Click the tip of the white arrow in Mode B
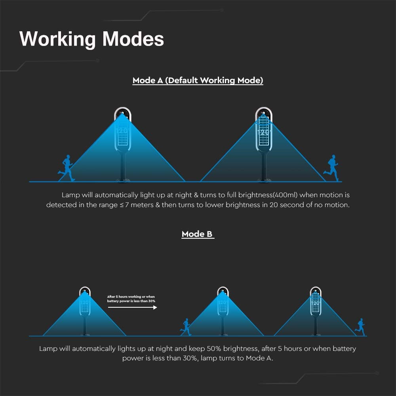click(x=157, y=307)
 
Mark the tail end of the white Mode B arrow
click(x=108, y=307)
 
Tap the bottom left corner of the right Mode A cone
click(x=200, y=181)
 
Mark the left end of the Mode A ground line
click(x=29, y=182)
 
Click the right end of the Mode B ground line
click(x=367, y=336)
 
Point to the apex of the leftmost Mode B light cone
click(x=85, y=291)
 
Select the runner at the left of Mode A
click(x=66, y=168)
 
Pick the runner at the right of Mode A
click(x=331, y=168)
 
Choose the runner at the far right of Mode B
click(x=360, y=327)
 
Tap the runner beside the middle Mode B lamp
click(x=186, y=327)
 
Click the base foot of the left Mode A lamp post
click(x=123, y=180)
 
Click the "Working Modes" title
click(x=92, y=39)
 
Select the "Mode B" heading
click(x=198, y=234)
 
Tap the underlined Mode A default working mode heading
click(x=198, y=80)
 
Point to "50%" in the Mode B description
click(x=214, y=348)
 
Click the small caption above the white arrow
click(x=131, y=299)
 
